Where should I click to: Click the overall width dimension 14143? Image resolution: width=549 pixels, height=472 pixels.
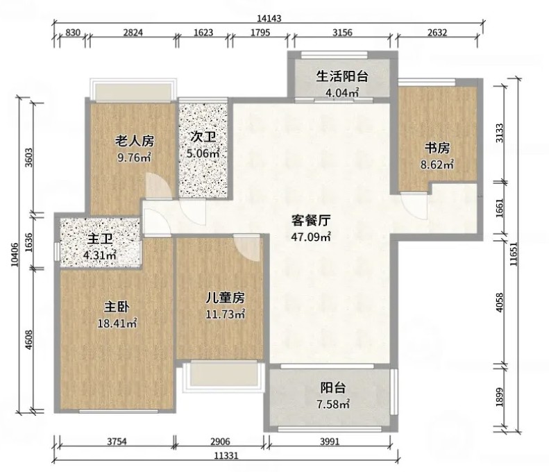pyautogui.click(x=269, y=18)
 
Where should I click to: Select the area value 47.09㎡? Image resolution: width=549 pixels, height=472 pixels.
pyautogui.click(x=311, y=237)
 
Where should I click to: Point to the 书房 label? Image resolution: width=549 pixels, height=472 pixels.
pyautogui.click(x=437, y=149)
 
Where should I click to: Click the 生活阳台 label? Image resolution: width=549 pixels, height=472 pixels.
pyautogui.click(x=342, y=76)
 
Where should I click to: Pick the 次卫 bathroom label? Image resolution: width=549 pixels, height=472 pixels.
pyautogui.click(x=203, y=137)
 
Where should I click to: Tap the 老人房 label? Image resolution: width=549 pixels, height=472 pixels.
pyautogui.click(x=135, y=141)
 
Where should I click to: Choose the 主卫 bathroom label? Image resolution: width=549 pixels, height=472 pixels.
pyautogui.click(x=100, y=239)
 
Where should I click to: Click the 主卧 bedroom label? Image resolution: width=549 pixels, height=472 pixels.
pyautogui.click(x=117, y=307)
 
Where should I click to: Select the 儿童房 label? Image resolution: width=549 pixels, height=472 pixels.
pyautogui.click(x=225, y=298)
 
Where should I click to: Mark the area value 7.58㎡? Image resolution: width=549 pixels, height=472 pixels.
pyautogui.click(x=333, y=405)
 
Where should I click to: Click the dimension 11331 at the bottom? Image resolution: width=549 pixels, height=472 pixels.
pyautogui.click(x=226, y=455)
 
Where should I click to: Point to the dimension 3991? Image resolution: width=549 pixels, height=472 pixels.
pyautogui.click(x=330, y=441)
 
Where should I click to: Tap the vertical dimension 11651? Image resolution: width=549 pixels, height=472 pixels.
pyautogui.click(x=514, y=254)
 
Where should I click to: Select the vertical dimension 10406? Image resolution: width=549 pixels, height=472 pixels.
pyautogui.click(x=15, y=255)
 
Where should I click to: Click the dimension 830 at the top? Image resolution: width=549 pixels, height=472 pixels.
pyautogui.click(x=73, y=33)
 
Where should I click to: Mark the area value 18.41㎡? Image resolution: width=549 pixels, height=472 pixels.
pyautogui.click(x=117, y=323)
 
